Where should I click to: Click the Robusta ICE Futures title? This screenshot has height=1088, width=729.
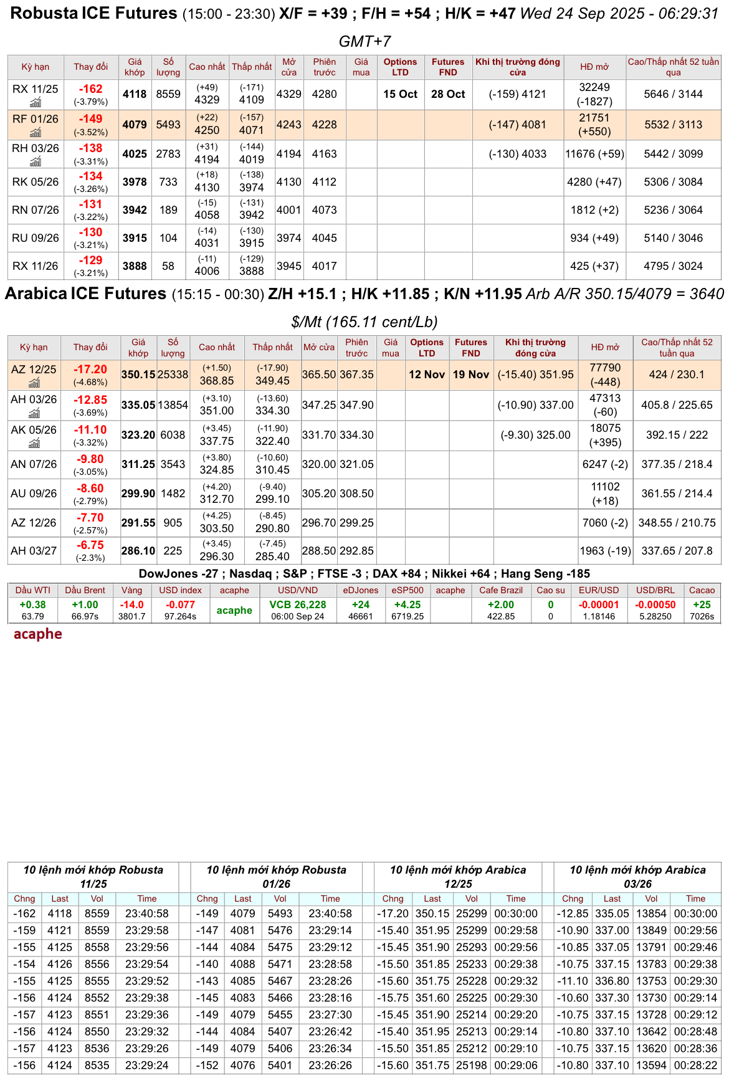click(x=93, y=14)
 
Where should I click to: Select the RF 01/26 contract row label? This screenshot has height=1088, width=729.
click(x=36, y=119)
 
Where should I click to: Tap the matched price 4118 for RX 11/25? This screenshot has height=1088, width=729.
click(x=135, y=94)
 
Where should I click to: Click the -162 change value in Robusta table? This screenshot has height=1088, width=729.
click(x=91, y=89)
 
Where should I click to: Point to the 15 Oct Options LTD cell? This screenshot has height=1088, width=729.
click(x=400, y=94)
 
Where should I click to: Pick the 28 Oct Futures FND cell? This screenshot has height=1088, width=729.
click(x=448, y=94)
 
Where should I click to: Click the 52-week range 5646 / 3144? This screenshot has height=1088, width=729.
click(x=673, y=94)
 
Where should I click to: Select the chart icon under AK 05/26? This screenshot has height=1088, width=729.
click(x=34, y=443)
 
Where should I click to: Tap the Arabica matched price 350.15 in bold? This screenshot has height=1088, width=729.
click(x=138, y=375)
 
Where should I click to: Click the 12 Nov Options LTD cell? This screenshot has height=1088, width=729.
click(x=427, y=375)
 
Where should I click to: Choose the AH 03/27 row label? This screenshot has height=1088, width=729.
click(x=34, y=551)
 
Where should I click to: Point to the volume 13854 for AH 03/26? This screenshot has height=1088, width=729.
click(x=173, y=405)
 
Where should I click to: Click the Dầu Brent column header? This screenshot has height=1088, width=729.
click(x=85, y=590)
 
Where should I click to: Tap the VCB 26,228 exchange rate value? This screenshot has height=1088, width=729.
click(x=298, y=605)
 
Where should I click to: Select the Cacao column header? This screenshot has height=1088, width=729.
click(x=702, y=590)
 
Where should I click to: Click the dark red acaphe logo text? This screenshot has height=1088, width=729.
click(x=38, y=634)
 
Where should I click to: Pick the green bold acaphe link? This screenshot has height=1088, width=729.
click(x=234, y=611)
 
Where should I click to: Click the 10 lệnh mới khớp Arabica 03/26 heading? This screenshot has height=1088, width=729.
click(x=637, y=877)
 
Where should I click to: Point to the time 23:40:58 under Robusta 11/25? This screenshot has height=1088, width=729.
click(x=147, y=914)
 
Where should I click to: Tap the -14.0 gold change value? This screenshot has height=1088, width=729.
click(x=132, y=605)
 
